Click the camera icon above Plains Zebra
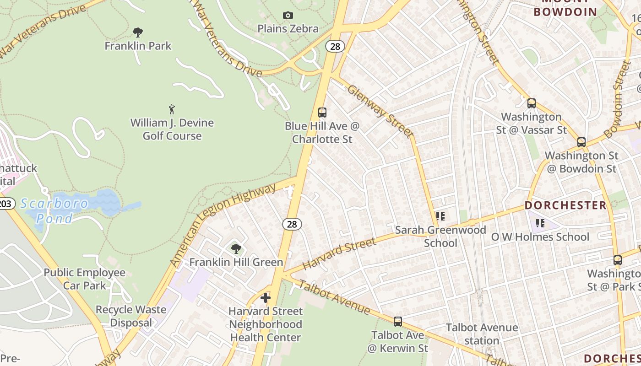(288, 16)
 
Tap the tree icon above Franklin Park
(137, 32)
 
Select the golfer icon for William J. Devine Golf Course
(172, 109)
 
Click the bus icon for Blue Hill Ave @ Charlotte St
(322, 112)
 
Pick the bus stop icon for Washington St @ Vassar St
(532, 103)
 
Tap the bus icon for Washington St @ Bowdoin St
(581, 142)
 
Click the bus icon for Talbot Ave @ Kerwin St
(398, 322)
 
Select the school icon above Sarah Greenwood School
(440, 216)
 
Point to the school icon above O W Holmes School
(540, 223)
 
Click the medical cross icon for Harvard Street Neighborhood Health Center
(266, 298)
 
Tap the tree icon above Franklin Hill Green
(236, 249)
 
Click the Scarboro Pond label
(54, 211)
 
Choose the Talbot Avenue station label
(482, 334)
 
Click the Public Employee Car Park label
(85, 279)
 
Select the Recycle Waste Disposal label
(131, 316)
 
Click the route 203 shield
(5, 204)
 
